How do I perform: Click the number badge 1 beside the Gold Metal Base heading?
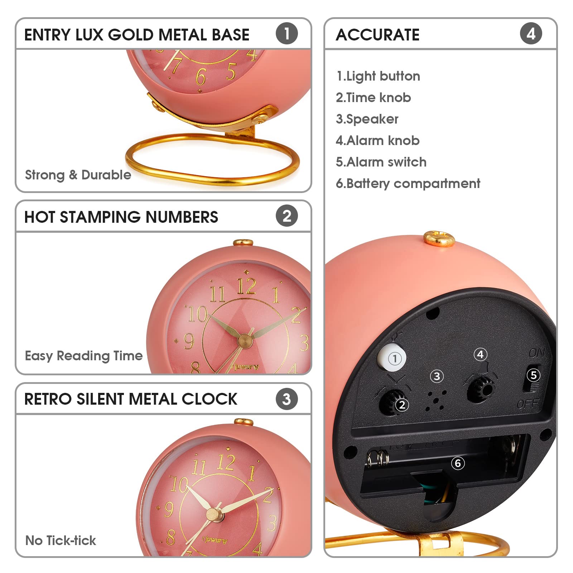(286, 34)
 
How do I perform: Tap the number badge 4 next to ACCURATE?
(531, 34)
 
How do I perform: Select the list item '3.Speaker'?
(367, 119)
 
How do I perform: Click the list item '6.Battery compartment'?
(408, 183)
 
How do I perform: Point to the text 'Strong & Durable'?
(78, 175)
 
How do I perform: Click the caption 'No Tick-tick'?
(61, 540)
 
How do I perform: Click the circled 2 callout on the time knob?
(402, 405)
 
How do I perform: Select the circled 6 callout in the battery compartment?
(458, 463)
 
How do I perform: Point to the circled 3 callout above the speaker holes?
(437, 376)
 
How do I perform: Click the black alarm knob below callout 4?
(481, 389)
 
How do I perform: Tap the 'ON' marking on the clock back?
(537, 353)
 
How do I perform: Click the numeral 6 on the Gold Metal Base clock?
(201, 76)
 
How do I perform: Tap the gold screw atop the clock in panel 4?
(439, 238)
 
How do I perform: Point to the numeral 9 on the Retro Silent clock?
(168, 509)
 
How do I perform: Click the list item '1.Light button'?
(378, 76)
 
